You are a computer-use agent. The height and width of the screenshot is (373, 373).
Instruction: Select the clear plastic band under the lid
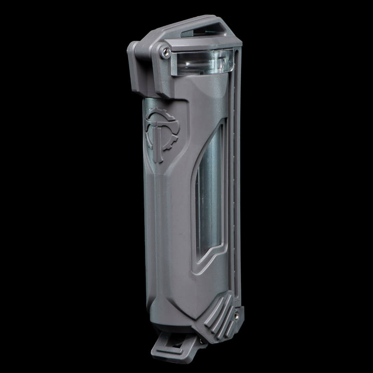[x=202, y=62]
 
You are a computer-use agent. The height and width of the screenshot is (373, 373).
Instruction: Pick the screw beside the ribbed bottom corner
[x=238, y=313]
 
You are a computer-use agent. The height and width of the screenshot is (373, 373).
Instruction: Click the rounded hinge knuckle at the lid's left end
[x=134, y=50]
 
